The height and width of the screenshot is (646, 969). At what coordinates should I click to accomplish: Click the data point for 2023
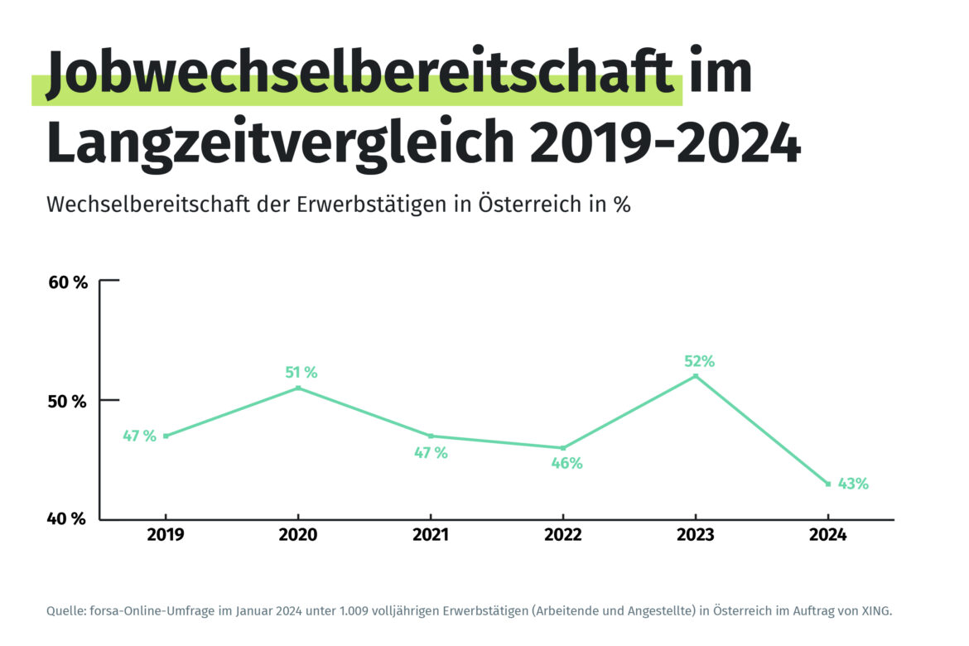(696, 376)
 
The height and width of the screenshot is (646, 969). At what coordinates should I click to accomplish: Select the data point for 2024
(828, 484)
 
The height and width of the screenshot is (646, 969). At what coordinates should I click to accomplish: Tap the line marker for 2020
(298, 388)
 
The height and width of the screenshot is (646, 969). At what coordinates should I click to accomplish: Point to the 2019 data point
(166, 436)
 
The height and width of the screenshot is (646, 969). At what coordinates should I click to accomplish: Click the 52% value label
(699, 361)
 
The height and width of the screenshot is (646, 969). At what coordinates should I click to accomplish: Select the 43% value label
(852, 484)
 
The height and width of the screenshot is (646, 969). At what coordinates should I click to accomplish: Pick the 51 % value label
(301, 373)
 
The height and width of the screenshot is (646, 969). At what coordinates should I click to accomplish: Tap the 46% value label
(567, 464)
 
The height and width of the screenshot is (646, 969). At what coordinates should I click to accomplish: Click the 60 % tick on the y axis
(68, 282)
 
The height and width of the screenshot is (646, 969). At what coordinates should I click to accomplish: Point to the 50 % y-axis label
(68, 402)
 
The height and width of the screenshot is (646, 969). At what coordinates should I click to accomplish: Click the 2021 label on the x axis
(431, 536)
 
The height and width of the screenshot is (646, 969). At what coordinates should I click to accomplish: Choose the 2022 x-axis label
(563, 536)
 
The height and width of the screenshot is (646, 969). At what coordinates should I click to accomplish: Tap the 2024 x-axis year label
(828, 536)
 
